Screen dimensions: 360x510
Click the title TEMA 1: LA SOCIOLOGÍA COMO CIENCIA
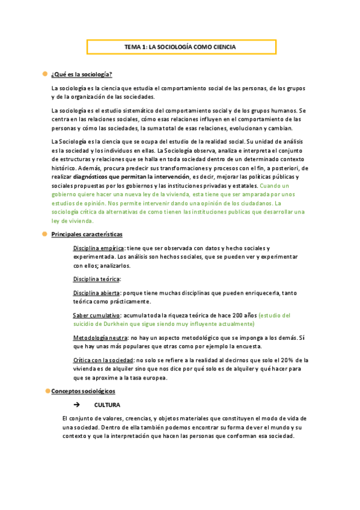[x=180, y=47]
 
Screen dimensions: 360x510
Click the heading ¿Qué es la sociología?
[x=82, y=74]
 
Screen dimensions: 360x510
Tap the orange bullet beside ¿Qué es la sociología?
[x=44, y=73]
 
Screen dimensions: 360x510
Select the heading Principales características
[x=87, y=233]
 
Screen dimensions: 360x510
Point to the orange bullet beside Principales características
[x=44, y=233]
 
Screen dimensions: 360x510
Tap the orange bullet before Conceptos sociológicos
[x=47, y=391]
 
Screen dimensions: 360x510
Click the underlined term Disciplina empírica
[x=99, y=248]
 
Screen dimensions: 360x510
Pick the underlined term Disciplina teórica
[x=96, y=278]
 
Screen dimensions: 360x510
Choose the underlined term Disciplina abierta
[x=97, y=292]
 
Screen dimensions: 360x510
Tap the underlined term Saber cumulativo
[x=96, y=315]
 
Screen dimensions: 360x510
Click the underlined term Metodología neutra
[x=100, y=338]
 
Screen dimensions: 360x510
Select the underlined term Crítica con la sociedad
[x=103, y=360]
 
